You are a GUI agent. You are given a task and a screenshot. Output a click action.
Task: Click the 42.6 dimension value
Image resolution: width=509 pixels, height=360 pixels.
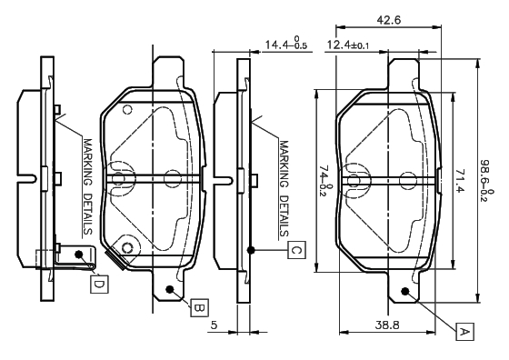tap(389, 20)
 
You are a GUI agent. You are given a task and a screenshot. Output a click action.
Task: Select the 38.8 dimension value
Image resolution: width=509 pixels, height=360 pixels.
tap(387, 325)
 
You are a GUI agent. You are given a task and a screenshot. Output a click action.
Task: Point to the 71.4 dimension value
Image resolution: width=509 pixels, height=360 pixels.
tap(460, 181)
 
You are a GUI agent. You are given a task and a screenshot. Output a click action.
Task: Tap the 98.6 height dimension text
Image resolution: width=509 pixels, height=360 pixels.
tap(487, 180)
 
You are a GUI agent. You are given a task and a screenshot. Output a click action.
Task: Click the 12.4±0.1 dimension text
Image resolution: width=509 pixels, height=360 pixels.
tap(347, 45)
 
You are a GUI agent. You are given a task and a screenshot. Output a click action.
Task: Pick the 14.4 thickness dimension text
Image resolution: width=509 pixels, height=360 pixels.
tap(286, 43)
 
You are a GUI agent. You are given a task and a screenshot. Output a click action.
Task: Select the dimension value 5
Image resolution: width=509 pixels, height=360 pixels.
tap(214, 325)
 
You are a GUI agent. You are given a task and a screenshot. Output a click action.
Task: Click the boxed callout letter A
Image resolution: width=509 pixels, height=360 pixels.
tap(464, 332)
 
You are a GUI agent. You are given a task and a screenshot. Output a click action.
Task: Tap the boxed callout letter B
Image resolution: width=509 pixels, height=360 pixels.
tap(199, 307)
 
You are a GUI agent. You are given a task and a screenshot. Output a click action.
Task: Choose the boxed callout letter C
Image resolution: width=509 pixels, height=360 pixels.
tap(296, 250)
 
